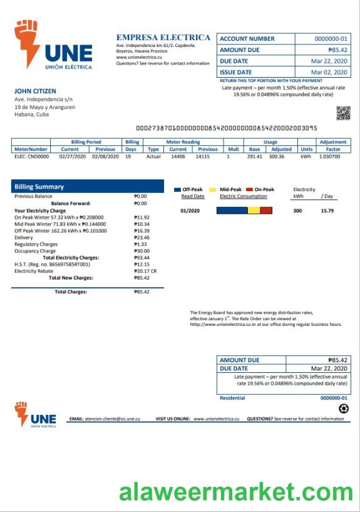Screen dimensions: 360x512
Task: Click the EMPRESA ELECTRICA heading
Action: pos(163,38)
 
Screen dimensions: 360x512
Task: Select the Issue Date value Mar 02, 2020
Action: pos(329,73)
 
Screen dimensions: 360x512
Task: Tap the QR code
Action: pos(343,113)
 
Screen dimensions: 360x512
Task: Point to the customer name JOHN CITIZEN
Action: pos(35,91)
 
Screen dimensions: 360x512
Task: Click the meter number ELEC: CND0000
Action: pos(31,157)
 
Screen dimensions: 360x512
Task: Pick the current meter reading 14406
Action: pos(178,157)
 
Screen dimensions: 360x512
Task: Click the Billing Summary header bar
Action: pos(88,186)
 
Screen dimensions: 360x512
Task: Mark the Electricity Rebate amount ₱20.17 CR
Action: pos(145,271)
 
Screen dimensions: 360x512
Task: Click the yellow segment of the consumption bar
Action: pos(254,211)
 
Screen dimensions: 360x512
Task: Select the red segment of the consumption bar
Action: pos(266,211)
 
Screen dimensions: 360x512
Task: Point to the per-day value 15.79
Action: pos(327,211)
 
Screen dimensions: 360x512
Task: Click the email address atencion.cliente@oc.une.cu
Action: pos(112,418)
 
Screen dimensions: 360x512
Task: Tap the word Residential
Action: pos(232,398)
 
